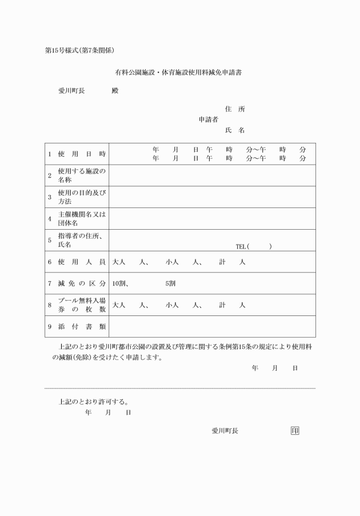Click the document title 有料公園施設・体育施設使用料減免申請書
pyautogui.click(x=179, y=73)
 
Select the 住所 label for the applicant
pyautogui.click(x=235, y=109)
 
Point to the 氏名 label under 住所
pyautogui.click(x=235, y=130)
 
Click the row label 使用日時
pyautogui.click(x=82, y=154)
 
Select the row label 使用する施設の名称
pyautogui.click(x=82, y=175)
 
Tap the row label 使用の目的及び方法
pyautogui.click(x=82, y=197)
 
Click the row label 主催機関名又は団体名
pyautogui.click(x=82, y=219)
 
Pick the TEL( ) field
pyautogui.click(x=254, y=246)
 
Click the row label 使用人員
pyautogui.click(x=82, y=262)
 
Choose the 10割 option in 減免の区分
pyautogui.click(x=121, y=283)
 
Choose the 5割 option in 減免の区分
pyautogui.click(x=170, y=283)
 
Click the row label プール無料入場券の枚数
pyautogui.click(x=82, y=305)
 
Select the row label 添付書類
pyautogui.click(x=82, y=326)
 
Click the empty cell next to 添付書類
pyautogui.click(x=211, y=326)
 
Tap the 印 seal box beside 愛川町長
pyautogui.click(x=295, y=431)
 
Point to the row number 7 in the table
pyautogui.click(x=50, y=283)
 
